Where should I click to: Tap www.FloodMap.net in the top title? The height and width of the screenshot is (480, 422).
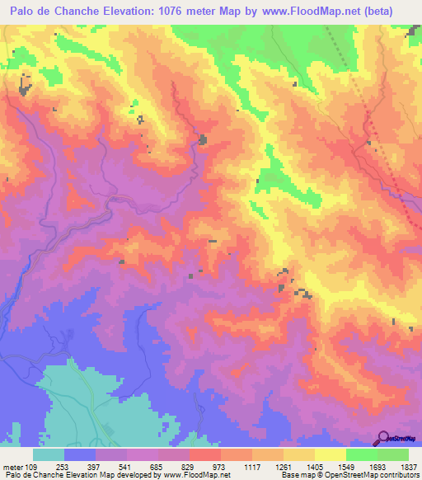(329, 11)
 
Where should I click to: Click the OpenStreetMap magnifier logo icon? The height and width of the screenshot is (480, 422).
(383, 438)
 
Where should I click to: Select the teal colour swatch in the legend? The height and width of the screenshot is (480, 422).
(49, 454)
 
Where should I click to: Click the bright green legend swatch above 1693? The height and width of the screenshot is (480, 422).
(361, 454)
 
